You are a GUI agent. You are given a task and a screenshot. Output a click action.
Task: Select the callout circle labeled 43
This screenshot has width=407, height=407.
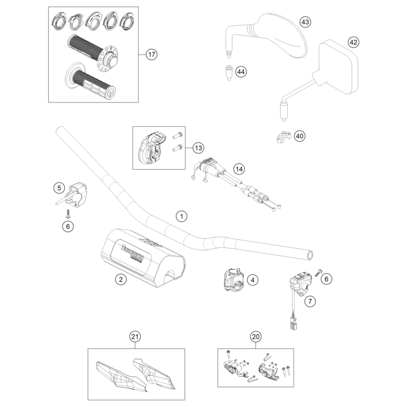coord(305,22)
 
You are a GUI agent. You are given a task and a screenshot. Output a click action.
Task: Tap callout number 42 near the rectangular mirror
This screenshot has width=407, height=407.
coord(353,42)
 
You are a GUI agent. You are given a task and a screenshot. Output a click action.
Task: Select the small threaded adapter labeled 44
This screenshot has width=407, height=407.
coord(225,72)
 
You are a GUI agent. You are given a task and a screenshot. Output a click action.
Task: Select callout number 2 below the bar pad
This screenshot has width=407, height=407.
coord(121,279)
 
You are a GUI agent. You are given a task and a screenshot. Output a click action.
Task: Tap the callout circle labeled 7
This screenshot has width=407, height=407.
coord(310,301)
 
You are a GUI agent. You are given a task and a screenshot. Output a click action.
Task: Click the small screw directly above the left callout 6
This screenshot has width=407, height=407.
coord(67,213)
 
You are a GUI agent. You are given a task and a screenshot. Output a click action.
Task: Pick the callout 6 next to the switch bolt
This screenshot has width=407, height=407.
coord(327,279)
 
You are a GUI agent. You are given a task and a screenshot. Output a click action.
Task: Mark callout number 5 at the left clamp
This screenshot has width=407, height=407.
coord(59,188)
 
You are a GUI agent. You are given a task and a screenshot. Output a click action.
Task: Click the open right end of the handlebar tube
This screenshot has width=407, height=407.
coord(311,255)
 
